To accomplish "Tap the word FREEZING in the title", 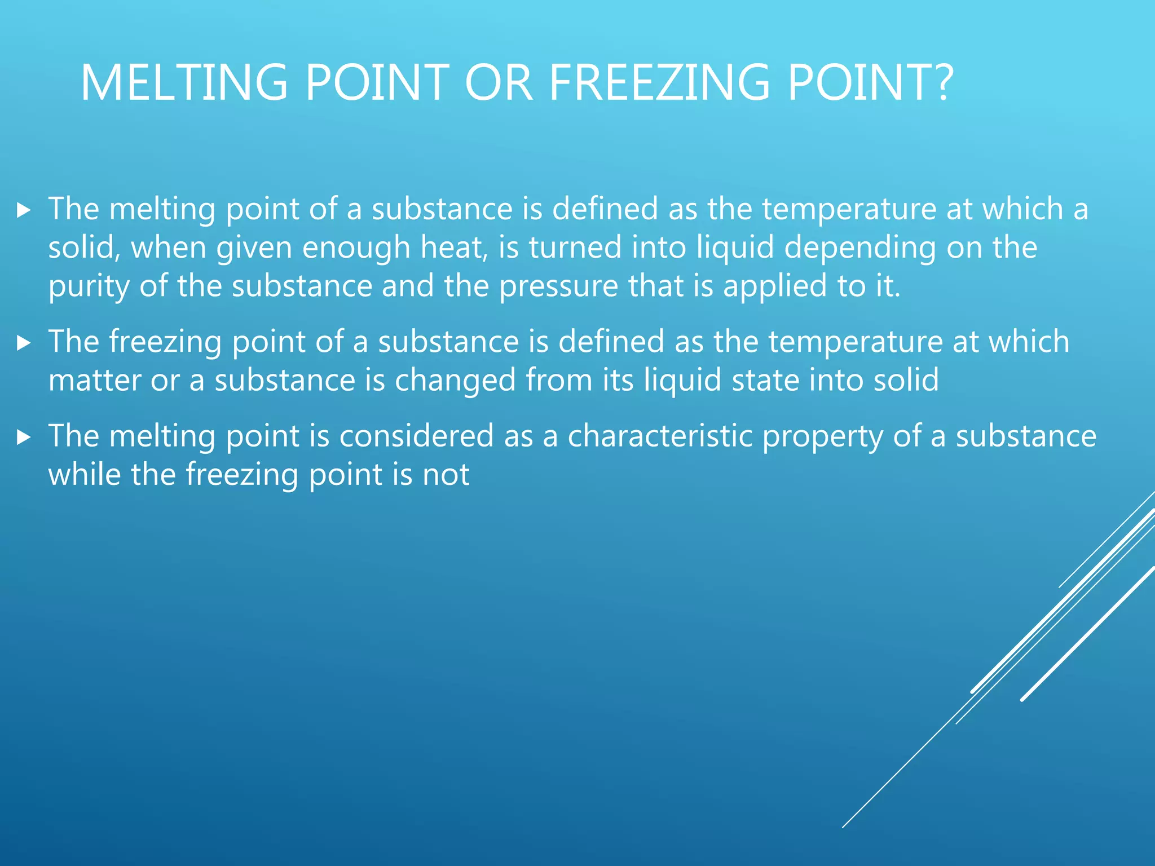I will tap(659, 83).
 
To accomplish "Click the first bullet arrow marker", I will tap(23, 211).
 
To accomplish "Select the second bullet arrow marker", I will tap(23, 343).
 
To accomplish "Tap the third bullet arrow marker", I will tap(23, 438).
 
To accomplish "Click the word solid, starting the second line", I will tap(84, 248).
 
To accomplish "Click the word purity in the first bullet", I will tap(89, 286).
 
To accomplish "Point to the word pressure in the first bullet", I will tap(558, 286).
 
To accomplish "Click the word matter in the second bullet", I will tap(94, 380).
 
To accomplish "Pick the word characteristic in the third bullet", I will tap(660, 436).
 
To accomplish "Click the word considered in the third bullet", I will tap(416, 436).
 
